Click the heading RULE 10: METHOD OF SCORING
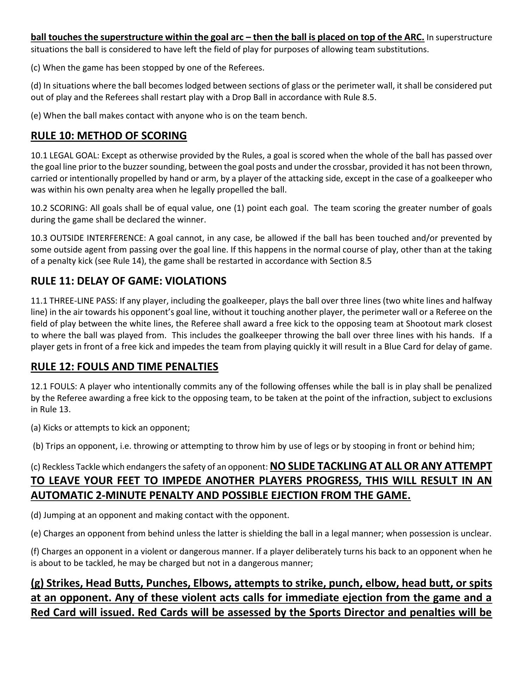tap(109, 136)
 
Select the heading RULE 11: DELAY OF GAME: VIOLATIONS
tap(129, 281)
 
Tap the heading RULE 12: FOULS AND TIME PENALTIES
tap(124, 367)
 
